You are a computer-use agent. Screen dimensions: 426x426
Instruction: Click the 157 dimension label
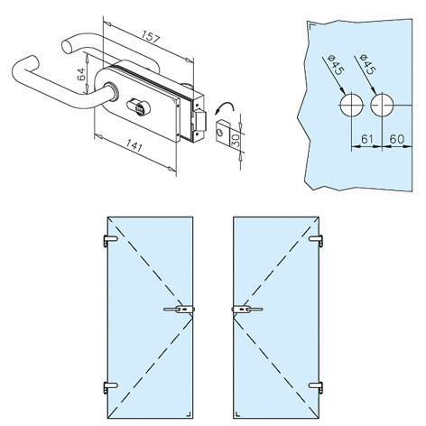pyautogui.click(x=151, y=37)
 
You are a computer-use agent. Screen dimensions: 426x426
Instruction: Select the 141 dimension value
pyautogui.click(x=134, y=146)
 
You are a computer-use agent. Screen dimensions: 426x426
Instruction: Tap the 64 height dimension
pyautogui.click(x=81, y=74)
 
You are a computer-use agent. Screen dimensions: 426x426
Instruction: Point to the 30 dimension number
pyautogui.click(x=236, y=140)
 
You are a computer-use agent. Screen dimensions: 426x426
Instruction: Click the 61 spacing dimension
pyautogui.click(x=366, y=139)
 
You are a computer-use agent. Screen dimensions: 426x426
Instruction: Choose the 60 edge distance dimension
pyautogui.click(x=397, y=139)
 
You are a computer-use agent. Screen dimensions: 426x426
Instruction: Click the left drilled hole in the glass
pyautogui.click(x=351, y=106)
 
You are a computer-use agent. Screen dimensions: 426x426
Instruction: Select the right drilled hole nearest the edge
pyautogui.click(x=382, y=106)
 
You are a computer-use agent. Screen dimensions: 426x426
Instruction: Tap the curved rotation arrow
pyautogui.click(x=224, y=107)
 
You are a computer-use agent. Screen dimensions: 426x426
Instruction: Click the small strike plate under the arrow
pyautogui.click(x=224, y=132)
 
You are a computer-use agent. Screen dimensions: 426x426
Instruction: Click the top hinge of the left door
pyautogui.click(x=110, y=241)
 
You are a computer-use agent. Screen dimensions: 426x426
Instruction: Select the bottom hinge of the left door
pyautogui.click(x=110, y=387)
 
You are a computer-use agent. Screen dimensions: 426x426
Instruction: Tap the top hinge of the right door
pyautogui.click(x=316, y=241)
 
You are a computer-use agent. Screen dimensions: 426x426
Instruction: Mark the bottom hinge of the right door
pyautogui.click(x=316, y=387)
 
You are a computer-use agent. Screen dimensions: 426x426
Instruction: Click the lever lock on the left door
pyautogui.click(x=180, y=310)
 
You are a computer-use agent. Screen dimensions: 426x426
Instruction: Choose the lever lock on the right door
pyautogui.click(x=247, y=310)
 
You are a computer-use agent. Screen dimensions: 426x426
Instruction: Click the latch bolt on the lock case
pyautogui.click(x=200, y=120)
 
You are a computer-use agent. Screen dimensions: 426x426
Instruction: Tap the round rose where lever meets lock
pyautogui.click(x=112, y=92)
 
